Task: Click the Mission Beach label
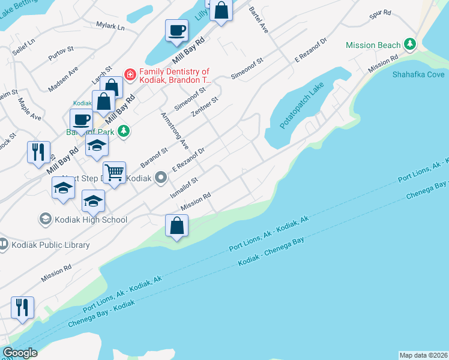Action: click(x=373, y=45)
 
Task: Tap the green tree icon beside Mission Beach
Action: click(x=410, y=44)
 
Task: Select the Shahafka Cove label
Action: click(x=418, y=74)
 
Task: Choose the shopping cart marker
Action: click(x=114, y=172)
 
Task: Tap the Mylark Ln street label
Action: click(x=110, y=26)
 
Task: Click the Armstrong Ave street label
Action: click(x=175, y=130)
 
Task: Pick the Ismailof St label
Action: click(x=184, y=186)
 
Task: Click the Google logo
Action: click(x=20, y=353)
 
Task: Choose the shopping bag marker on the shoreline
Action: click(x=177, y=226)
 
